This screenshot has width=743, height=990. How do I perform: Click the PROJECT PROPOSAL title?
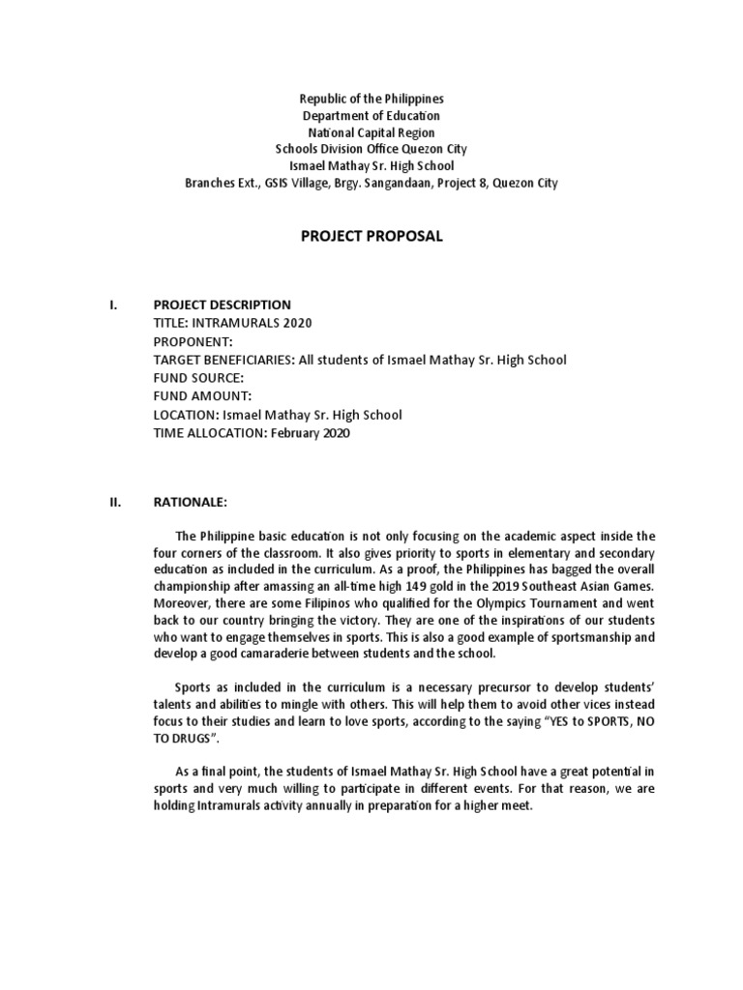[x=371, y=237]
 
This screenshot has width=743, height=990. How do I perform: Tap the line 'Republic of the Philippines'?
[x=371, y=100]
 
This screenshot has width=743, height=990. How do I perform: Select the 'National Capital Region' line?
[x=371, y=132]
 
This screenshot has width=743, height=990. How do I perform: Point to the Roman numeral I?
[x=113, y=305]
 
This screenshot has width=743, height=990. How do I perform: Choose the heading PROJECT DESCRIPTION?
[x=222, y=305]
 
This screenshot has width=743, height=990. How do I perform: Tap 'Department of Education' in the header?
[x=371, y=116]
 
